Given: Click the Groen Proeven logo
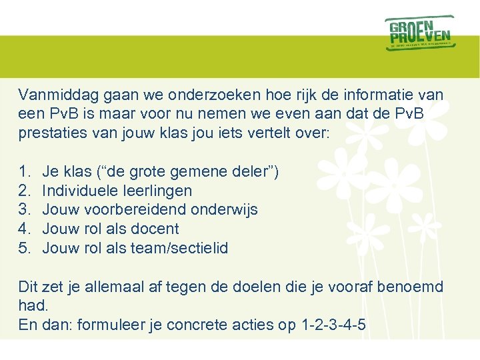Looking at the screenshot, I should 419,33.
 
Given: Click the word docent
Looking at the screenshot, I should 155,229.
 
